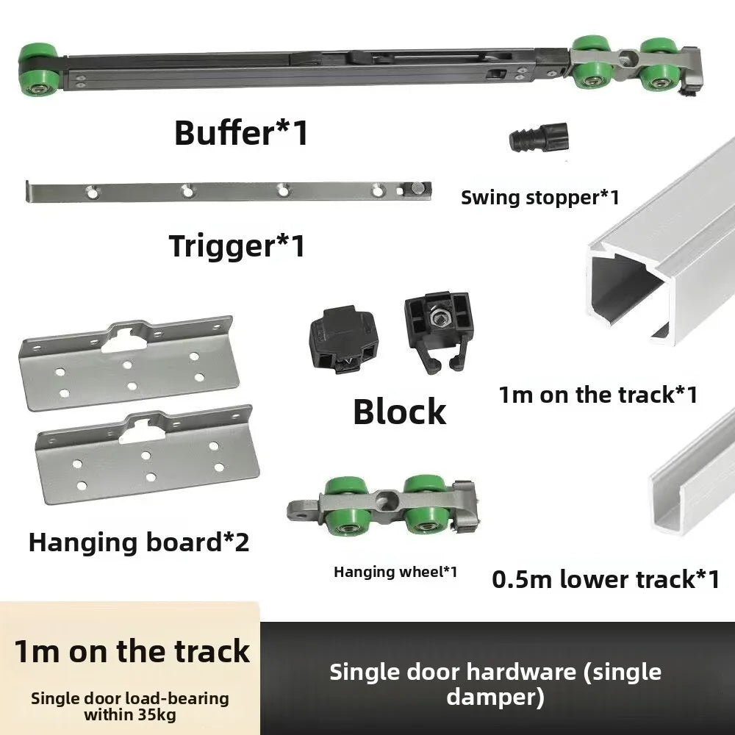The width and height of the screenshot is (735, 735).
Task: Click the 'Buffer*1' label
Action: pos(241,132)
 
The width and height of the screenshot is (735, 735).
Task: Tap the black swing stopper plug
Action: pos(539,137)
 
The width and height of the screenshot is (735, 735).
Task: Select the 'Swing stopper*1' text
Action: pos(540,197)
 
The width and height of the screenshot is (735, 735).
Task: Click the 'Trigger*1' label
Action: pos(237,245)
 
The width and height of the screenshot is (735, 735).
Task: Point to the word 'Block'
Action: pos(399,412)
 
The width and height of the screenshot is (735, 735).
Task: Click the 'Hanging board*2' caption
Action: pos(139,542)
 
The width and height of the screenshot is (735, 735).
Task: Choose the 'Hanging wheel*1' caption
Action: pos(395,572)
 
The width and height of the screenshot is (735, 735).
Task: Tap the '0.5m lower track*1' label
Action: pos(606,579)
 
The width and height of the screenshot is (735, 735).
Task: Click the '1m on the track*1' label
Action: pos(598,395)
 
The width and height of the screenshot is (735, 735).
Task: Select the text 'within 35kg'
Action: pos(130,715)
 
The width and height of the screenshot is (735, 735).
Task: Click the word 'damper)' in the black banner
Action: pos(495,697)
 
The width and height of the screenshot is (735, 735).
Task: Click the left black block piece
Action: pos(343,339)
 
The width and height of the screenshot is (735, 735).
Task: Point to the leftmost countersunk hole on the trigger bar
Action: pos(93,191)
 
